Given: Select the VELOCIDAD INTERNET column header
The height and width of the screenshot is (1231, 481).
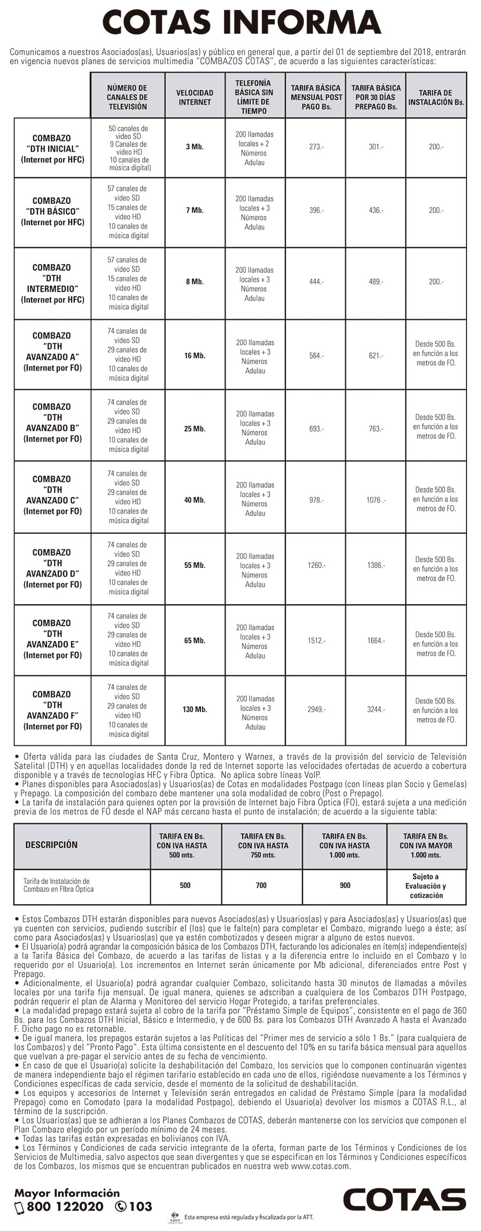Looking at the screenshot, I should coord(195,97).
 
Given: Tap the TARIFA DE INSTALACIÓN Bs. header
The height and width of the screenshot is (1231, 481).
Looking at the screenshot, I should coord(436,97).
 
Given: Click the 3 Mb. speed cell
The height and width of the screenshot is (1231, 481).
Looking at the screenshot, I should coord(195,147).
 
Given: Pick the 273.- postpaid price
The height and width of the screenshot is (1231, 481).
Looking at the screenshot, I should coord(316,147).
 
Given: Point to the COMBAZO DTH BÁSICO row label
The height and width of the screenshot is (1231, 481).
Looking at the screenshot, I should coord(52,211).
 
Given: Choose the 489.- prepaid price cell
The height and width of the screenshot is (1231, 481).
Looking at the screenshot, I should coord(376,282).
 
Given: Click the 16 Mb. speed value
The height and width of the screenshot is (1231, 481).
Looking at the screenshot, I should coord(195,356).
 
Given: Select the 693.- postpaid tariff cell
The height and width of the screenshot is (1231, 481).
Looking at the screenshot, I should coord(316,429).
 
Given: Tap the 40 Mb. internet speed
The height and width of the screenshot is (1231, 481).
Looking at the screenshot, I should coord(195,500).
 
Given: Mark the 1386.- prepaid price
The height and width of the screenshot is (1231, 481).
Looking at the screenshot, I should coord(376,565).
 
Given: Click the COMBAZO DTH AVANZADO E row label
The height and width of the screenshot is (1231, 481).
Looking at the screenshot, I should coord(52,639).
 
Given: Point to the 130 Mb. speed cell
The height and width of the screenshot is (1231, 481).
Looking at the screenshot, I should coord(195,709).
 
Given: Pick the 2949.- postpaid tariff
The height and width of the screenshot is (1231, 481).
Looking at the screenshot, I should coord(316,709).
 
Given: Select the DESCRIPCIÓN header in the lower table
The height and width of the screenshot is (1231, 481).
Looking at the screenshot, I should coord(51,845).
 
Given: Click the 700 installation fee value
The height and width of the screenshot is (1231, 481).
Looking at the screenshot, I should coord(261,885).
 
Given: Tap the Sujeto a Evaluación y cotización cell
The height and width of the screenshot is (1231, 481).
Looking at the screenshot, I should coord(425,886).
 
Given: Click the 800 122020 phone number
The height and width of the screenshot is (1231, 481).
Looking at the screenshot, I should coord(65,1206).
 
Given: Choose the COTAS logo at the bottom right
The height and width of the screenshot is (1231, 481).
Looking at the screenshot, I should coord(404,1199).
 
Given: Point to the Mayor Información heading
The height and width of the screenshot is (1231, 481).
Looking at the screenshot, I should coord(67,1193).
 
